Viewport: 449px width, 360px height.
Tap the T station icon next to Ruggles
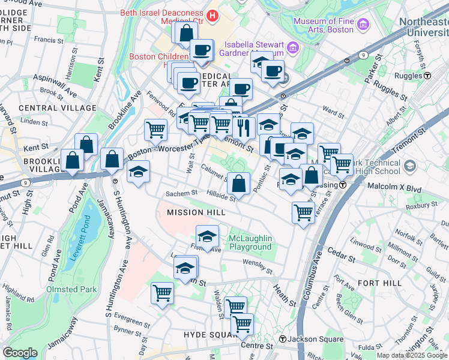pyautogui.click(x=428, y=76)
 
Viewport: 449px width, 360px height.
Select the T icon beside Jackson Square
pyautogui.click(x=282, y=339)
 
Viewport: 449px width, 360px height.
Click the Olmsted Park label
pyautogui.click(x=71, y=289)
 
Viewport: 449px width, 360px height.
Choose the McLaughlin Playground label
pyautogui.click(x=250, y=243)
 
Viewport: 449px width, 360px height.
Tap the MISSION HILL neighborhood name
pyautogui.click(x=196, y=212)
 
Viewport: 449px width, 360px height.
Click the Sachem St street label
pyautogui.click(x=182, y=193)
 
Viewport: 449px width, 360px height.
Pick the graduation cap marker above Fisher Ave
pyautogui.click(x=207, y=236)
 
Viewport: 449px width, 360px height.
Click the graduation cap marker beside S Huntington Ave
pyautogui.click(x=139, y=172)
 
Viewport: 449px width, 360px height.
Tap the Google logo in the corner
pyautogui.click(x=20, y=353)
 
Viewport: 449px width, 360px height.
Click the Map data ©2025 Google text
pyautogui.click(x=412, y=355)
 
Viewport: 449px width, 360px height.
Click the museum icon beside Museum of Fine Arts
pyautogui.click(x=363, y=25)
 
